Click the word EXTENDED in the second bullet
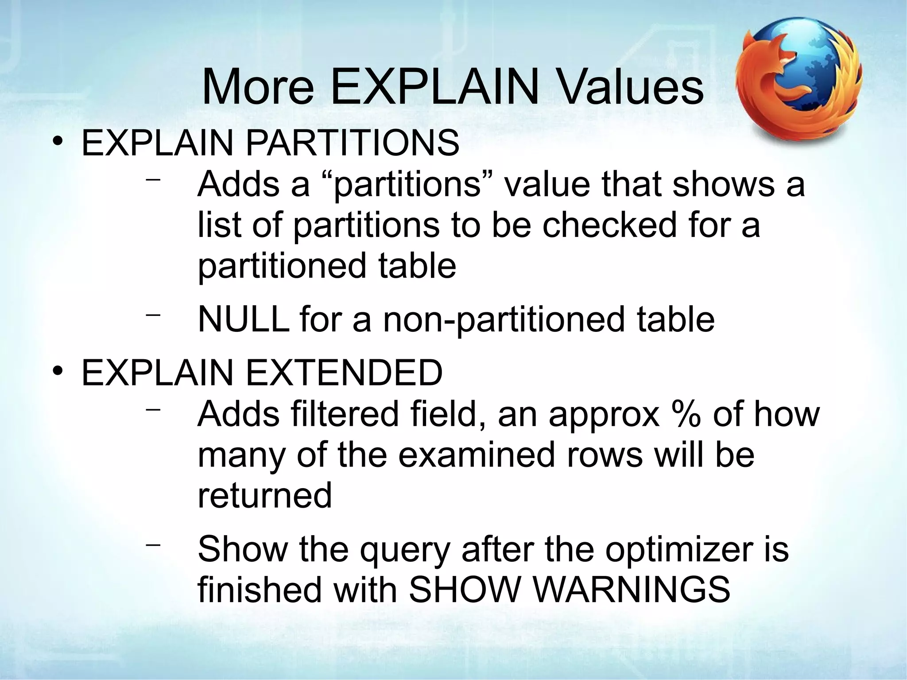[x=344, y=373]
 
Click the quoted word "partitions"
[x=407, y=184]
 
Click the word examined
[x=476, y=455]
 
